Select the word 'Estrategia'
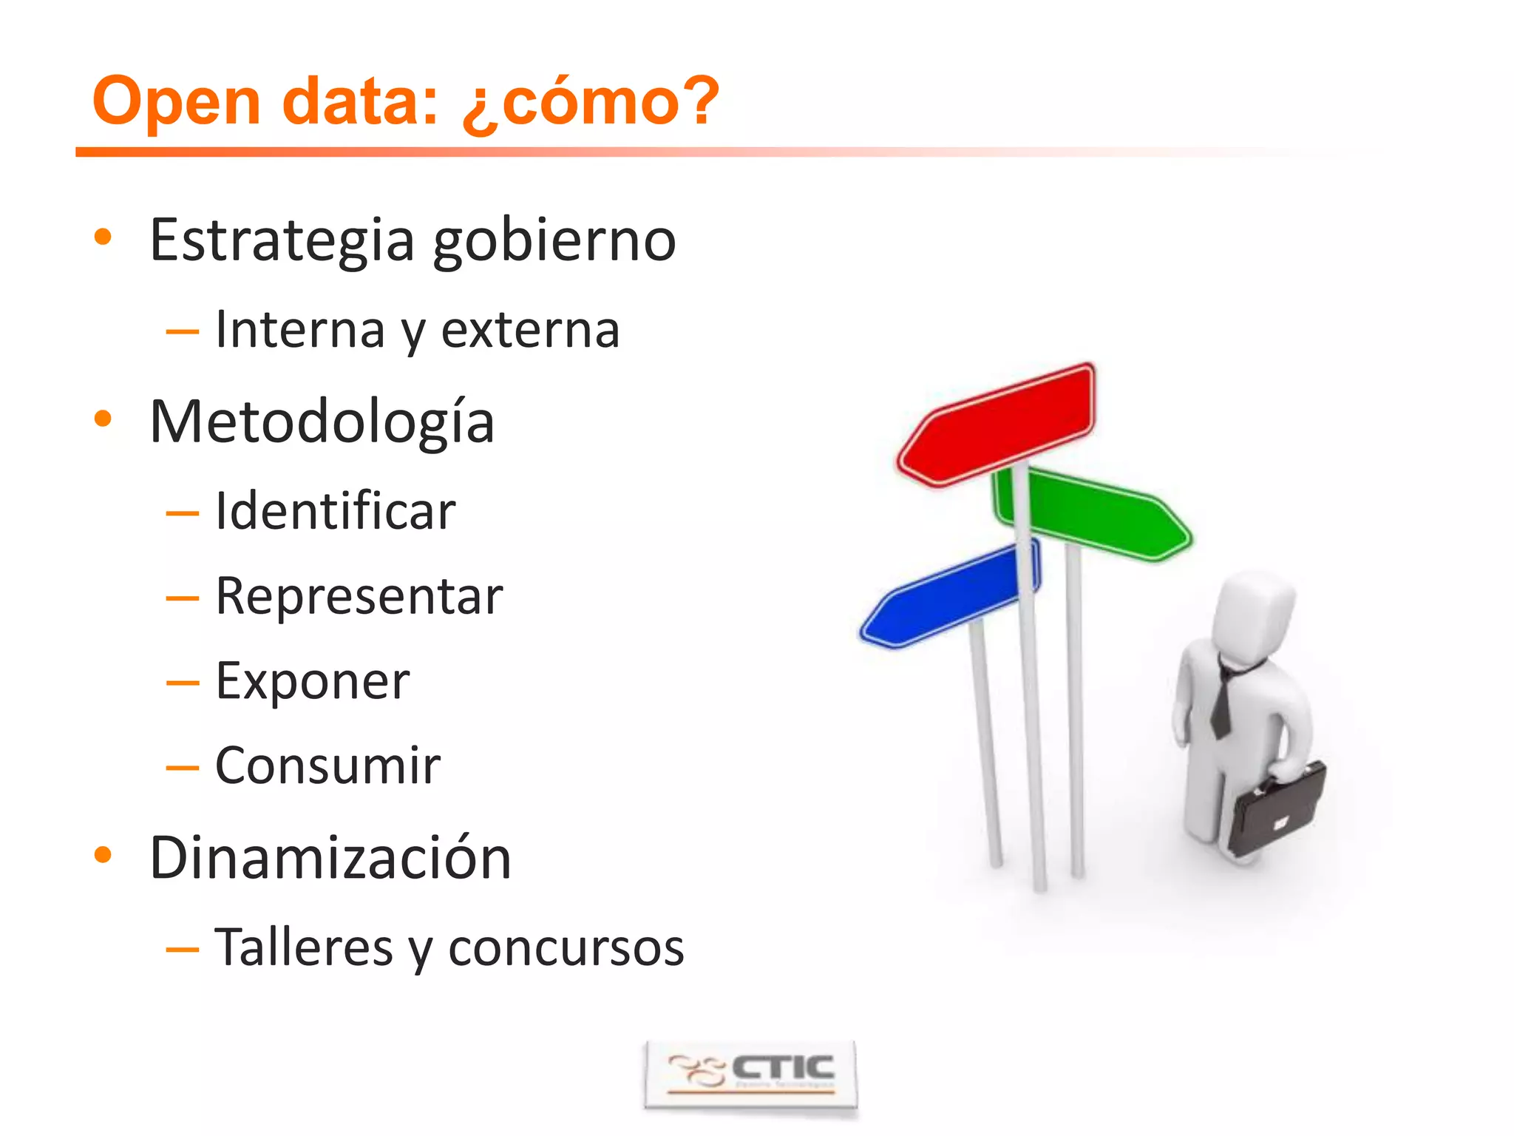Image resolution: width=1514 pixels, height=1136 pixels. pos(282,240)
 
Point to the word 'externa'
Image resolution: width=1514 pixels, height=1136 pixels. pos(530,330)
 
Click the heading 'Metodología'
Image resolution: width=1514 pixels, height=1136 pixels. pos(322,422)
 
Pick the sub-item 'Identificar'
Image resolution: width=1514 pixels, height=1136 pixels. pos(335,511)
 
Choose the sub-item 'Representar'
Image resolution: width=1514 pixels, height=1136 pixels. pos(359,596)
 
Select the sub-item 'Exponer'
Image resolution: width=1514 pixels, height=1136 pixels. pos(312,681)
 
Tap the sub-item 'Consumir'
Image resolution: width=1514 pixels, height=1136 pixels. pos(327,765)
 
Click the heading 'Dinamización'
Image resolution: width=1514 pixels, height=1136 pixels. pos(330,859)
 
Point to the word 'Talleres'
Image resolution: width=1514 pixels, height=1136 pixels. pos(303,947)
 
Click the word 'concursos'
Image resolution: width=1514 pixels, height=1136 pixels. pos(566,949)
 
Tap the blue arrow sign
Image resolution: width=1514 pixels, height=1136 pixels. pos(950,596)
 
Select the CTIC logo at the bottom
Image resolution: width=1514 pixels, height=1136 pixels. pos(750,1073)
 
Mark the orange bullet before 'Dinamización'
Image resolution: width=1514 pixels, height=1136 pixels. pos(103,856)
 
